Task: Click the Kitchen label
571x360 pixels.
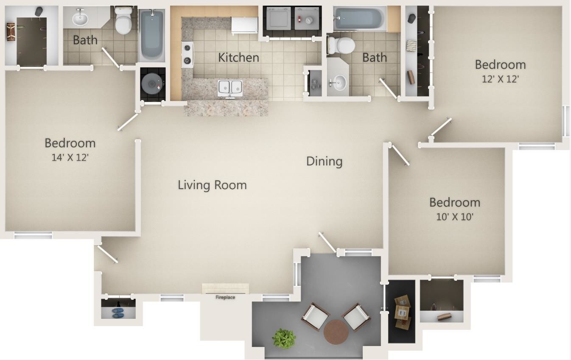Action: tap(238, 58)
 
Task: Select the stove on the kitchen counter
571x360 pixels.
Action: tap(187, 54)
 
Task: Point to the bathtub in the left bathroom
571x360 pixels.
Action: tap(151, 36)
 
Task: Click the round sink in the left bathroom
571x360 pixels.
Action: tap(80, 19)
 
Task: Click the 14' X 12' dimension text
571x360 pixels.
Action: tap(70, 157)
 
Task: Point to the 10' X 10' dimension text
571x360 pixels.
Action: tap(455, 217)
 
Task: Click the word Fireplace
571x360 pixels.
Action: tap(225, 297)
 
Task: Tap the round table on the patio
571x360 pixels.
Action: tap(336, 332)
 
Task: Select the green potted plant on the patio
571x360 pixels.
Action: tap(284, 338)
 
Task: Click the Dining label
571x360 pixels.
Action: tap(324, 161)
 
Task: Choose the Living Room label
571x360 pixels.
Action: tap(212, 185)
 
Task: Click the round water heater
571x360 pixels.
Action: tap(152, 84)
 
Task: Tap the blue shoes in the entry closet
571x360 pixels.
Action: tap(118, 313)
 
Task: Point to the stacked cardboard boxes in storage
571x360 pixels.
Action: tap(402, 312)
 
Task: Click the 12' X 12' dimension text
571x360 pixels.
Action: tap(501, 79)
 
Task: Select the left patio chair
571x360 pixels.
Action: tap(315, 316)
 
